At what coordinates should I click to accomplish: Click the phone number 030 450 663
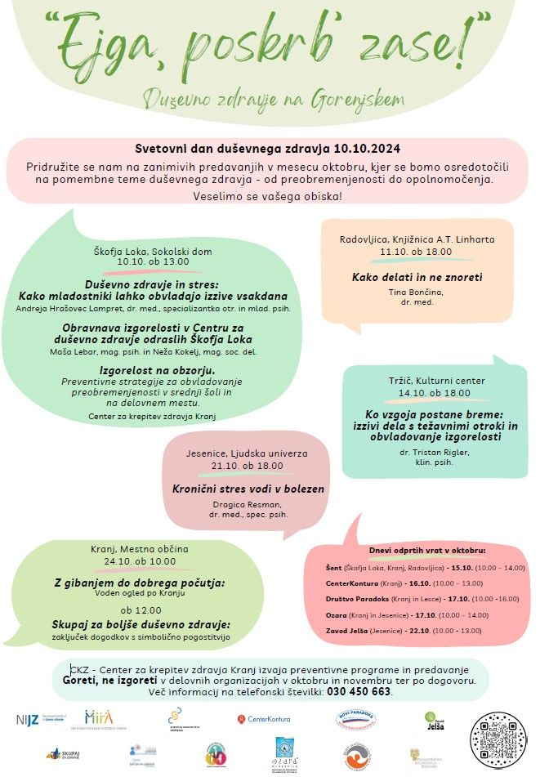[x=359, y=692]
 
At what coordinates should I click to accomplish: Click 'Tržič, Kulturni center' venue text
[x=425, y=381]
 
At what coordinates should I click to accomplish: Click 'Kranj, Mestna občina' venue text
[x=139, y=549]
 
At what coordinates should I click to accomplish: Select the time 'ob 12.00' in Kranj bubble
[x=139, y=610]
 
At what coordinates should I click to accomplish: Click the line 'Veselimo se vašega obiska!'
[x=268, y=197]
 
